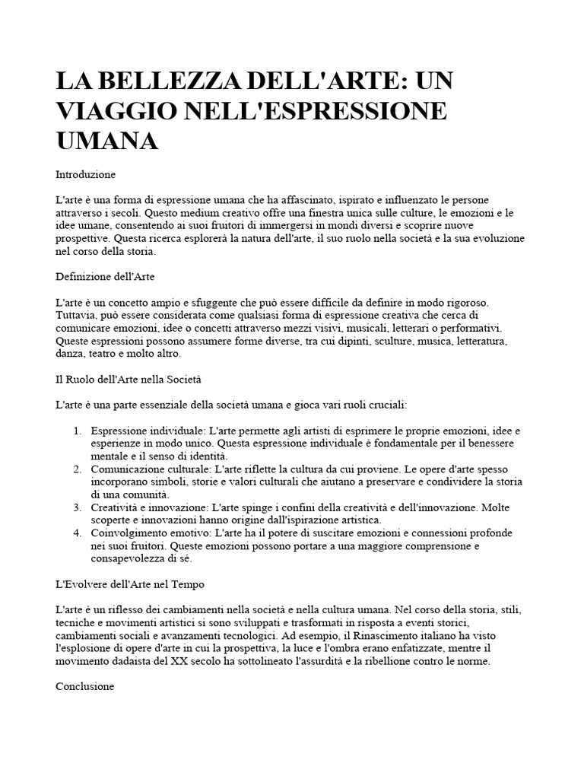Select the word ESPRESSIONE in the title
click(x=358, y=111)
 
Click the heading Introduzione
click(x=85, y=174)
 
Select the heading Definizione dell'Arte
click(x=105, y=275)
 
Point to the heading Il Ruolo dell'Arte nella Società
click(x=129, y=377)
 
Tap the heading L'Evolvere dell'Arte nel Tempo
click(x=129, y=584)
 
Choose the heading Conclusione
click(x=84, y=685)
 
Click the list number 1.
click(x=78, y=431)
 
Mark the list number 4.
click(x=78, y=533)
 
